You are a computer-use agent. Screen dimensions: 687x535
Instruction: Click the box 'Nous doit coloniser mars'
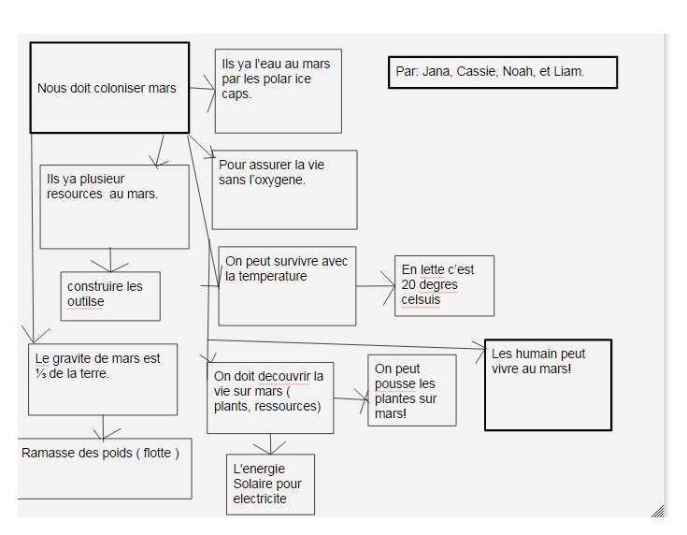pos(109,88)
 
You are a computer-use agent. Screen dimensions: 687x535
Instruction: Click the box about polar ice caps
pos(279,92)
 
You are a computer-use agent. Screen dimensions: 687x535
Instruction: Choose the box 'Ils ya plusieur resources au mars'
pos(114,207)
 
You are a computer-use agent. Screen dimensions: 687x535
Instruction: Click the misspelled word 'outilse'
pos(86,302)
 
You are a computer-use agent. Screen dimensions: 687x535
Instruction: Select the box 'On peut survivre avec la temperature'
pos(287,286)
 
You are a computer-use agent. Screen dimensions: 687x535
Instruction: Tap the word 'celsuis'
pos(421,299)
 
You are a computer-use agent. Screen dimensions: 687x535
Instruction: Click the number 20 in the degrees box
pos(408,284)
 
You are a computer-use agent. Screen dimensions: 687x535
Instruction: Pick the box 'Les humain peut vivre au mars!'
pos(548,384)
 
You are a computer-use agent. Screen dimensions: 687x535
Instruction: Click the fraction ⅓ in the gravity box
pos(40,373)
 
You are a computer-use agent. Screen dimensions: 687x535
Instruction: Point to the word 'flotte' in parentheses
pos(157,453)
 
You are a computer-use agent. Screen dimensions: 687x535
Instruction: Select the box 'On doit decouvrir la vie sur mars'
pos(270,398)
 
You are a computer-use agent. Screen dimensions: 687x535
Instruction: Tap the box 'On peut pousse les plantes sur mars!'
pos(412,390)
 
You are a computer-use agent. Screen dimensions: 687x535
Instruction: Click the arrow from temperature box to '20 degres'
pos(376,286)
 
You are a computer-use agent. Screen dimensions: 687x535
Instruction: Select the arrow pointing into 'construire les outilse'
pos(110,260)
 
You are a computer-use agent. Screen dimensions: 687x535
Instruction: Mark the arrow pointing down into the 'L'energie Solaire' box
pos(270,444)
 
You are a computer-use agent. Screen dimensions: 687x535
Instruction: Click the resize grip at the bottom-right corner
pos(658,512)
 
